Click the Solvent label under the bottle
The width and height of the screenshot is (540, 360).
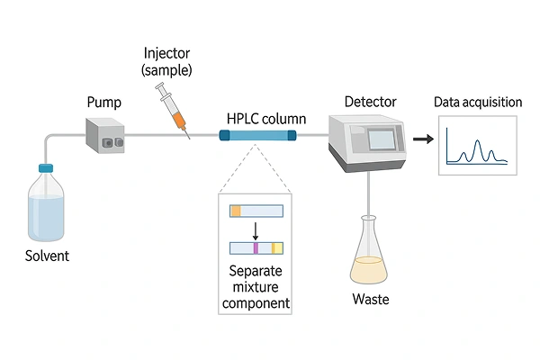(x=47, y=256)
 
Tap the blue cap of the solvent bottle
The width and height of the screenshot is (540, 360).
(x=46, y=167)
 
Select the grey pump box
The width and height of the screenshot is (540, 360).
(x=105, y=135)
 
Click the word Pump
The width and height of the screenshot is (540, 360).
(x=103, y=103)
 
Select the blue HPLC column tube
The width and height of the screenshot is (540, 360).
(x=257, y=135)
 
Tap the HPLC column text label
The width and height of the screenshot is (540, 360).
(x=265, y=119)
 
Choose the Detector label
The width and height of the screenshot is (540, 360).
(x=369, y=103)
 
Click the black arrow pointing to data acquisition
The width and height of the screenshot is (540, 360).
(x=421, y=139)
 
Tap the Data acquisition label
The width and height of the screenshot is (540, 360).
(x=478, y=103)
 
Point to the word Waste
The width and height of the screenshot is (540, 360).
(x=370, y=298)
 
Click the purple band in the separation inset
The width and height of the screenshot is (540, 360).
(x=256, y=247)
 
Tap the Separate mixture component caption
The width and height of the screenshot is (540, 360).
(x=256, y=286)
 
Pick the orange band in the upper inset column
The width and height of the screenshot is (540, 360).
(x=236, y=211)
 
